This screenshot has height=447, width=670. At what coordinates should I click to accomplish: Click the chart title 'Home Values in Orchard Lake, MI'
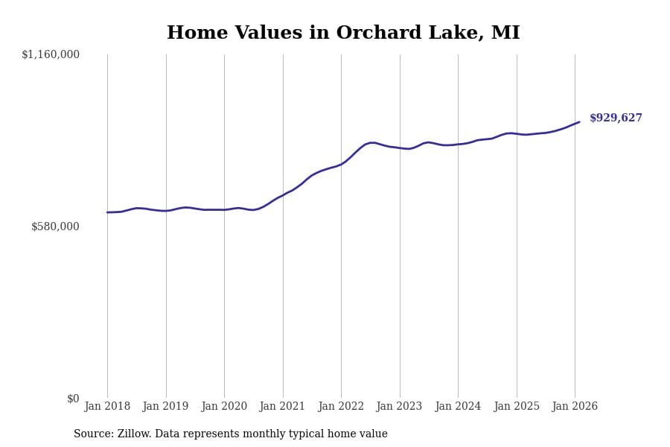click(x=343, y=34)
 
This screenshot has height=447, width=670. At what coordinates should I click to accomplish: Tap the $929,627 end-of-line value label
click(x=616, y=118)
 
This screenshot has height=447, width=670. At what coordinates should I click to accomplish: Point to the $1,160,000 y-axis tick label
click(x=51, y=54)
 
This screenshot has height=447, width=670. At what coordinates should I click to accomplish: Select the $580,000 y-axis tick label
click(x=55, y=226)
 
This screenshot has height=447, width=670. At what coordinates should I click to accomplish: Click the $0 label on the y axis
click(x=73, y=399)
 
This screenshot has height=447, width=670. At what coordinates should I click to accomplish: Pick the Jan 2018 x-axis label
click(x=107, y=407)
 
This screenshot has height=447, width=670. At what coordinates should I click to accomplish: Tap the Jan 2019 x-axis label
click(x=166, y=407)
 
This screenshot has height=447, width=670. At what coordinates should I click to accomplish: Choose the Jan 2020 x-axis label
click(x=224, y=407)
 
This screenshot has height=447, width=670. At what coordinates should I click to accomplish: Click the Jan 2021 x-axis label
click(x=283, y=407)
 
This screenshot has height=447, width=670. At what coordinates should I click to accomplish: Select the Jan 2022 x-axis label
click(x=341, y=407)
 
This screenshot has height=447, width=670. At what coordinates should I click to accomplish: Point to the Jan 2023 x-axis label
click(x=400, y=407)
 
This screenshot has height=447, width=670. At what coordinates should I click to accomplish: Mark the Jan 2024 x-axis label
click(x=458, y=407)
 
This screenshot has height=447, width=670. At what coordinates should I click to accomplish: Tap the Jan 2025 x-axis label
click(x=517, y=407)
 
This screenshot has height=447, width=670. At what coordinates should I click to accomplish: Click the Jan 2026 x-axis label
click(x=575, y=407)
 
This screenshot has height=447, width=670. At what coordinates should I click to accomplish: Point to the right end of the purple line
click(x=579, y=122)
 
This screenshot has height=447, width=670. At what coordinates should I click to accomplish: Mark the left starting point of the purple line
click(x=107, y=212)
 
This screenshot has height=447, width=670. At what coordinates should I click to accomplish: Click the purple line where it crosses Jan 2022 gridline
click(x=341, y=164)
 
